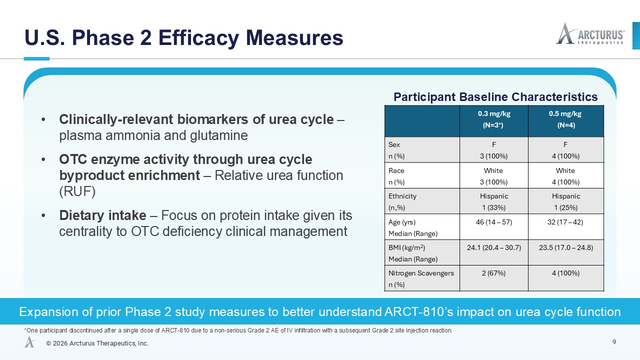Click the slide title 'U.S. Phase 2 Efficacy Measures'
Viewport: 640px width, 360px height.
pyautogui.click(x=184, y=37)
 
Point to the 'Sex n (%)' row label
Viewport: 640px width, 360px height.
pyautogui.click(x=396, y=150)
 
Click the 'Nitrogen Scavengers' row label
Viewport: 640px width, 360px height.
pyautogui.click(x=421, y=273)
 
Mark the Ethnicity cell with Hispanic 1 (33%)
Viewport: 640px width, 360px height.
pyautogui.click(x=494, y=201)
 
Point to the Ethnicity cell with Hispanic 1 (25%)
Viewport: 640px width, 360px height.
pyautogui.click(x=566, y=201)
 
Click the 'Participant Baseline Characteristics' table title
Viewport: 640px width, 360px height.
pyautogui.click(x=495, y=97)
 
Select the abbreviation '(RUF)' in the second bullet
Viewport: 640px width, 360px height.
pyautogui.click(x=77, y=191)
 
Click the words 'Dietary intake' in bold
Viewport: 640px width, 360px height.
pyautogui.click(x=102, y=215)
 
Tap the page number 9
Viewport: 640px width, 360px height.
pyautogui.click(x=614, y=342)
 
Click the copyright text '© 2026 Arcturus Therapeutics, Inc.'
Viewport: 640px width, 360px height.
pyautogui.click(x=97, y=343)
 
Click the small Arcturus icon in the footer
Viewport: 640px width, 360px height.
pyautogui.click(x=30, y=341)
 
